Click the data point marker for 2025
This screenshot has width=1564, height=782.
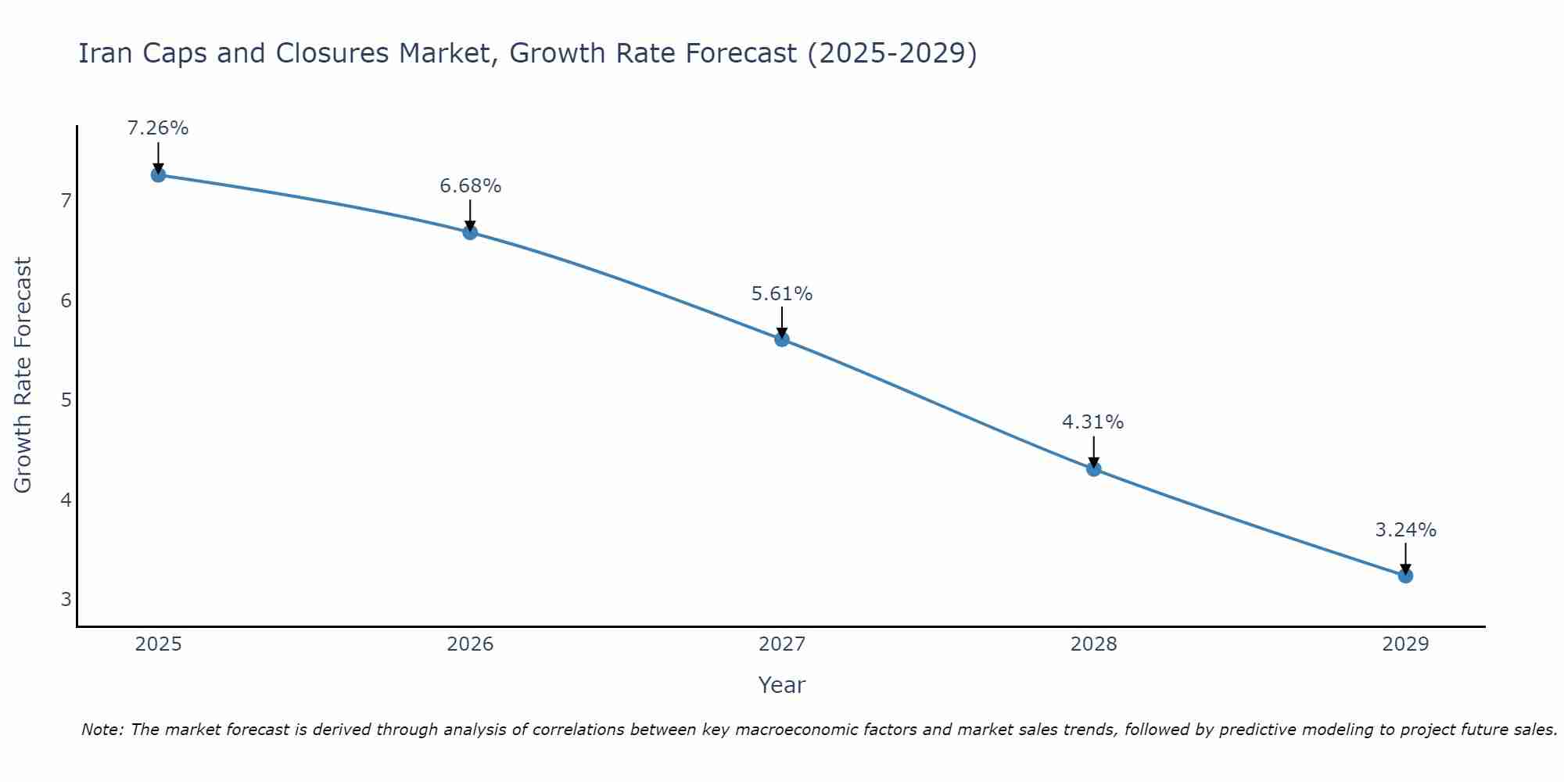tap(158, 174)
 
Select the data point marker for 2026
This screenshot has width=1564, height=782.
tap(470, 232)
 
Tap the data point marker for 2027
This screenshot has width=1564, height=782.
tap(782, 339)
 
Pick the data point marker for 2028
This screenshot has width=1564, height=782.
tap(1094, 468)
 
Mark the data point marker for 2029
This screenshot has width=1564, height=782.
tap(1405, 576)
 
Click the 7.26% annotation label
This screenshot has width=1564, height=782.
tap(158, 128)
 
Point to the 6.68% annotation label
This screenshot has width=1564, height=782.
tap(470, 186)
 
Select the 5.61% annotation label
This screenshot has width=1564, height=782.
tap(782, 294)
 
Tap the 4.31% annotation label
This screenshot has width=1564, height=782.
tap(1092, 422)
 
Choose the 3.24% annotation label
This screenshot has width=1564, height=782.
tap(1405, 530)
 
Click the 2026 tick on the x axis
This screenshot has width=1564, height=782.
tap(470, 644)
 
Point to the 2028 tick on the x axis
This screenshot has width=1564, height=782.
tap(1094, 644)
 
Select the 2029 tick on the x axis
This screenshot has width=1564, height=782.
tap(1405, 644)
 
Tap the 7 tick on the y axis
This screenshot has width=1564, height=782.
tap(66, 201)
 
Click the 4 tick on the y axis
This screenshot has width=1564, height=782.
tap(66, 500)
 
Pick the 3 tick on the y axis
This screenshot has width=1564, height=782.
tap(66, 600)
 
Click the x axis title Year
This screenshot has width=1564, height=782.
tap(781, 685)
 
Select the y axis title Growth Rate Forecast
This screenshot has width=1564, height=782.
tap(23, 375)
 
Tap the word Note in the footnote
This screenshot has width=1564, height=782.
tap(102, 730)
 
